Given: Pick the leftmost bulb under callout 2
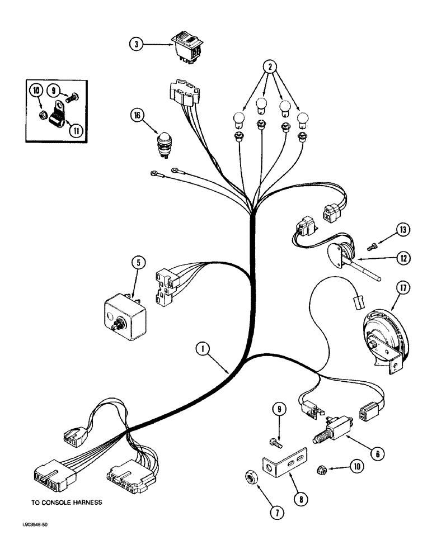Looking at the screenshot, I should click(x=237, y=119).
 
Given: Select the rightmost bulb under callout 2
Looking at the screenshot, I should click(x=303, y=119).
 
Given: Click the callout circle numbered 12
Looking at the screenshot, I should click(x=403, y=258).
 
